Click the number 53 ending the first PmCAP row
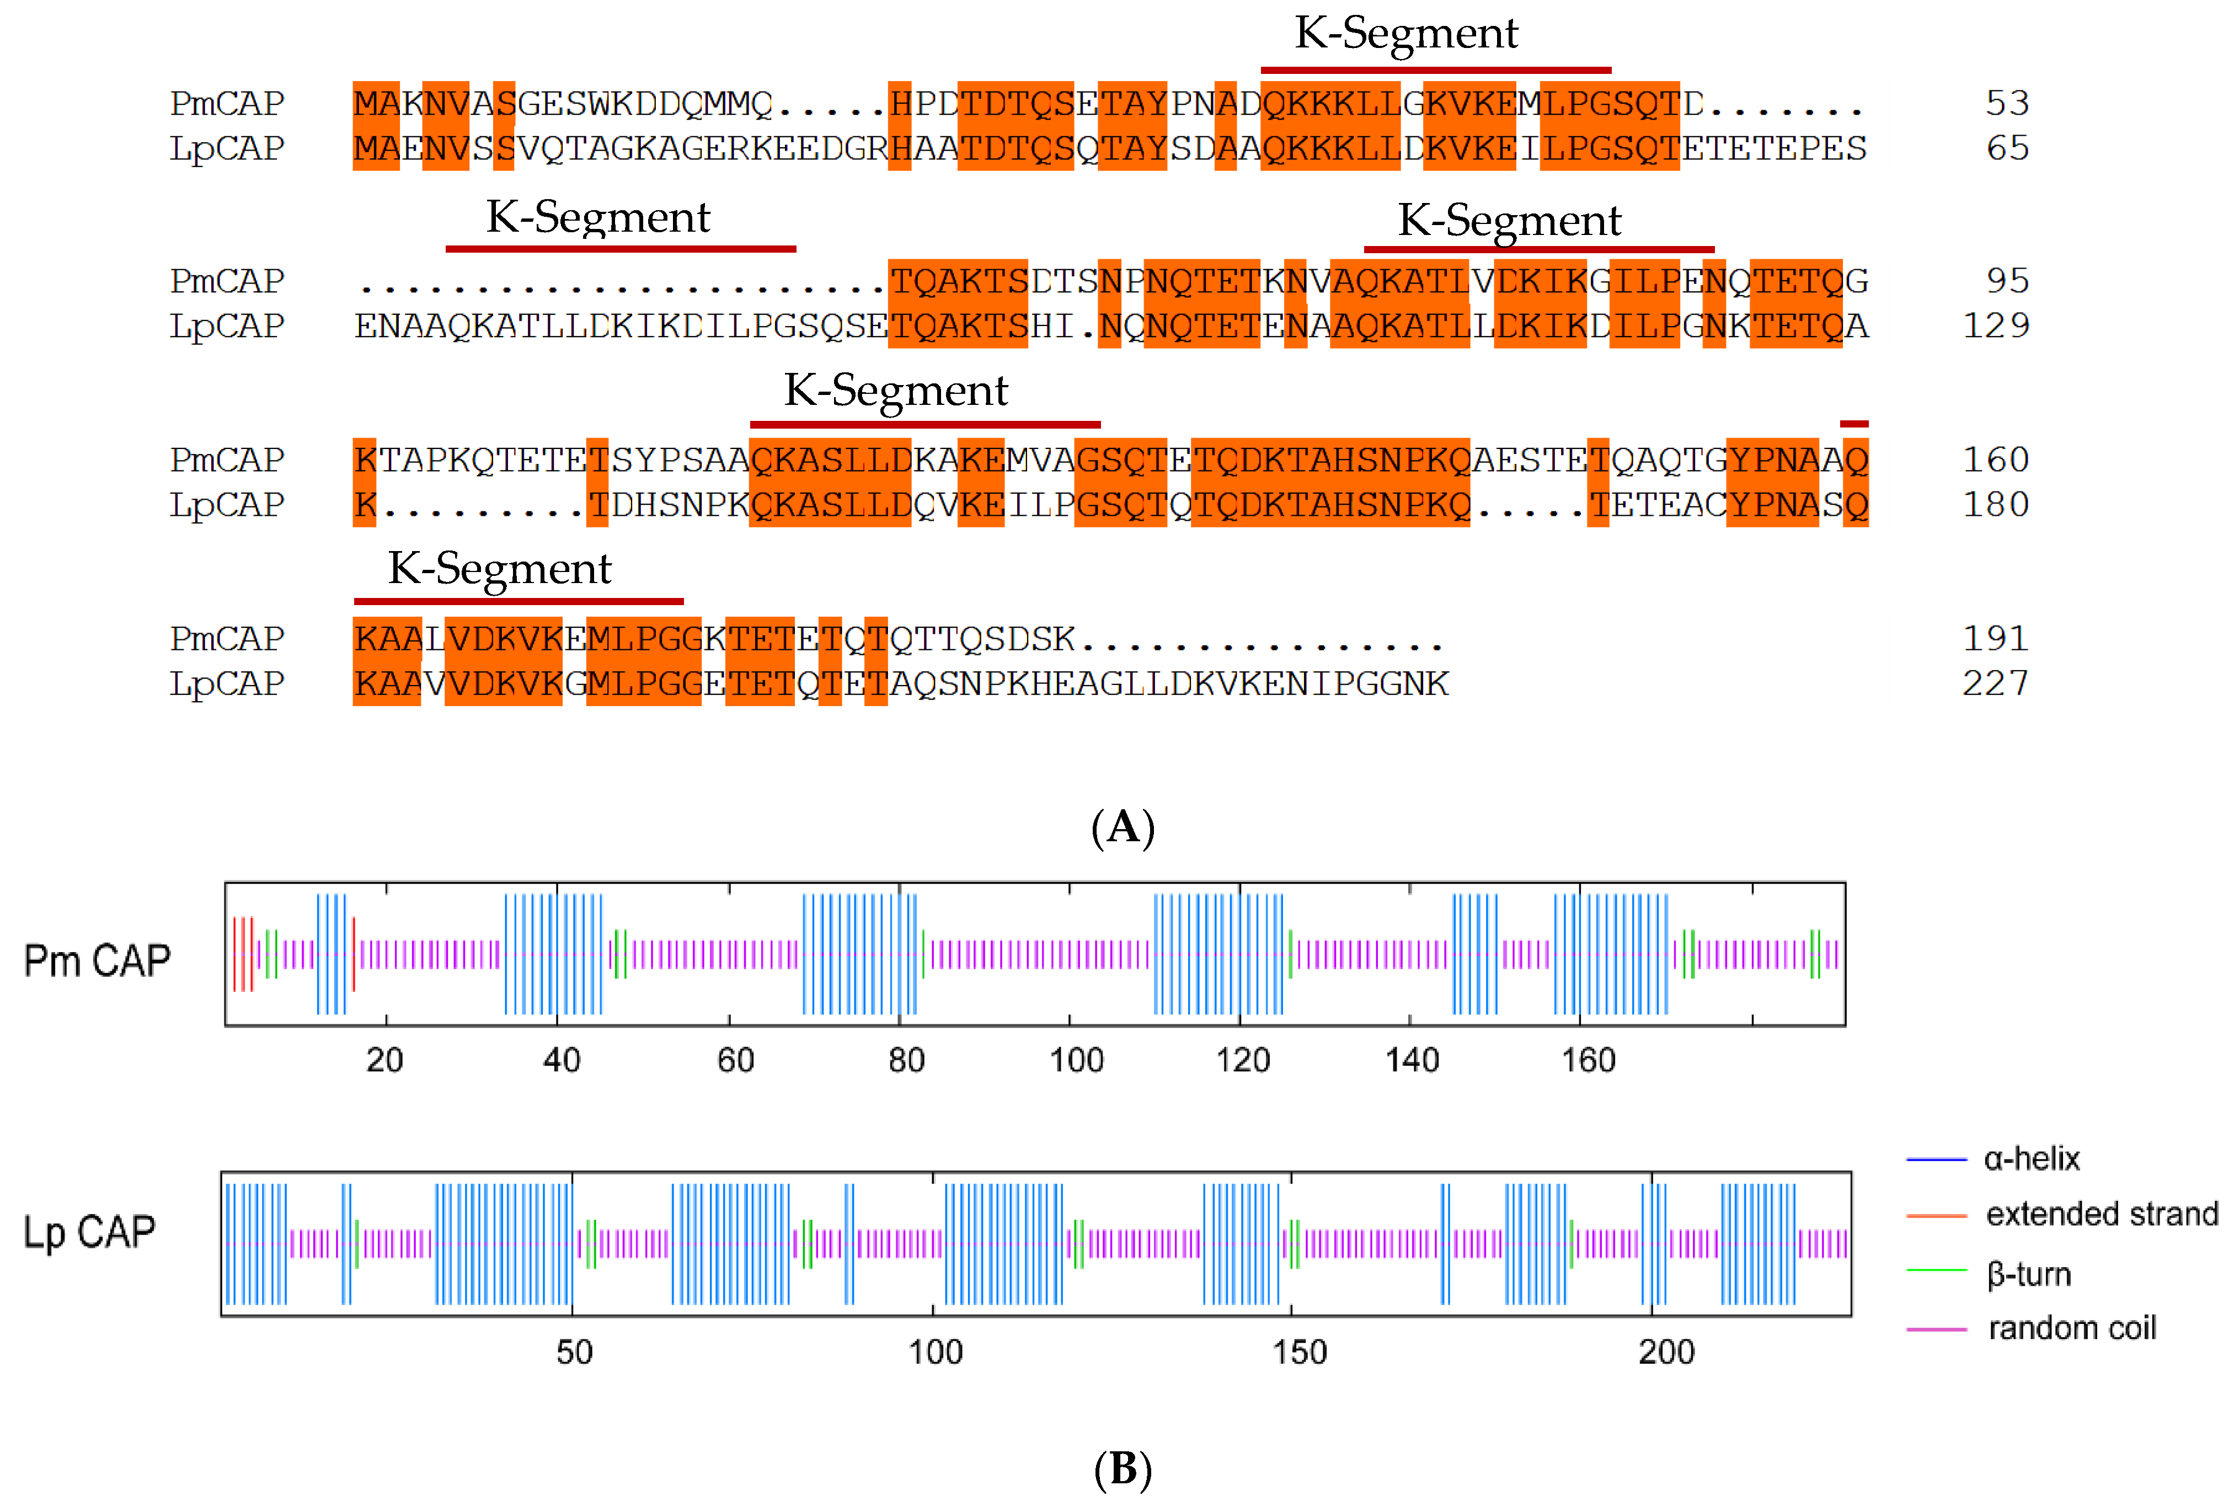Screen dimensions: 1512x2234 click(2007, 103)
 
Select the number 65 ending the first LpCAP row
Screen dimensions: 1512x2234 click(2007, 148)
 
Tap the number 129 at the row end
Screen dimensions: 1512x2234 click(1996, 326)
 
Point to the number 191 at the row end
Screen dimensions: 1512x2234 click(1996, 638)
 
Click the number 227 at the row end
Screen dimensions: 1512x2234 click(1996, 683)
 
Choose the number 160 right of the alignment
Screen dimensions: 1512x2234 click(1996, 460)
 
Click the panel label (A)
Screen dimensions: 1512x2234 click(1122, 827)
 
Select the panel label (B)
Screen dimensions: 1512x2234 click(1122, 1469)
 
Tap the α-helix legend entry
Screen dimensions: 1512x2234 click(2031, 1159)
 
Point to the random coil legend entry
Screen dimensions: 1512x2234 click(2071, 1328)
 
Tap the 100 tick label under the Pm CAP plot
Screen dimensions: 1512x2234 click(1076, 1060)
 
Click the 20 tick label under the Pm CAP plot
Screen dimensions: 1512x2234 click(384, 1060)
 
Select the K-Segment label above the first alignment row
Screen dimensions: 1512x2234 click(1407, 34)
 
